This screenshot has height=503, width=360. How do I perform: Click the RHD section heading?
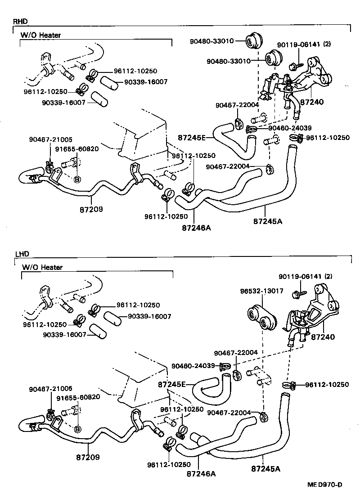coord(20,21)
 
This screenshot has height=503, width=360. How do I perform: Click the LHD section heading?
coord(19,254)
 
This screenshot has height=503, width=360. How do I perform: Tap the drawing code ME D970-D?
coord(324,485)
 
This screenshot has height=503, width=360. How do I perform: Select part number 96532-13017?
coord(261,291)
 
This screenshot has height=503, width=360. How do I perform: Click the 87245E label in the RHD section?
coord(192,137)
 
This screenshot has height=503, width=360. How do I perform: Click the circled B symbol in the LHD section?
coord(77,429)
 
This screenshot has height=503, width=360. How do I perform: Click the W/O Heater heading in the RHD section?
coord(41,35)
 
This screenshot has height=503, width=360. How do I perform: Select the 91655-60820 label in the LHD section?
coord(77,397)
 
